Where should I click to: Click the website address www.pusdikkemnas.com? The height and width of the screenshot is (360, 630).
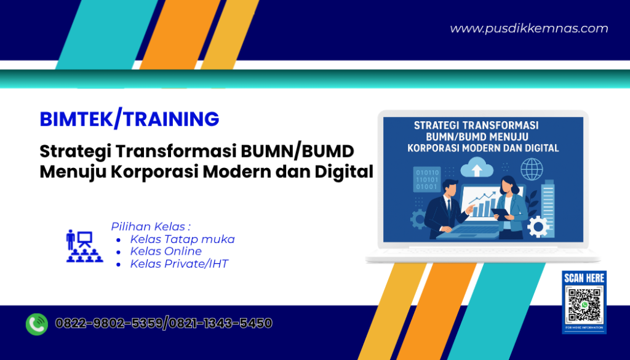(528, 28)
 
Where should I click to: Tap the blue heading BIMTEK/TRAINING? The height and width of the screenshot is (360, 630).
(129, 119)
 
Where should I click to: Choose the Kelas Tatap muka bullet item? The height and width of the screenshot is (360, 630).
(182, 239)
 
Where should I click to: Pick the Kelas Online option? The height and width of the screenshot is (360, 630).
(165, 252)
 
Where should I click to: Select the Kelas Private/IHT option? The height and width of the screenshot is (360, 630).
(179, 264)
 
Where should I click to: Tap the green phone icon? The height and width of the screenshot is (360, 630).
(37, 324)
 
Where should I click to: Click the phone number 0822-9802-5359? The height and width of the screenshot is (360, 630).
(109, 323)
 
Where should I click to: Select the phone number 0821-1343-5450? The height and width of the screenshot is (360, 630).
(220, 323)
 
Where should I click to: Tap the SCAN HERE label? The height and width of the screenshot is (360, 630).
(584, 278)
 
